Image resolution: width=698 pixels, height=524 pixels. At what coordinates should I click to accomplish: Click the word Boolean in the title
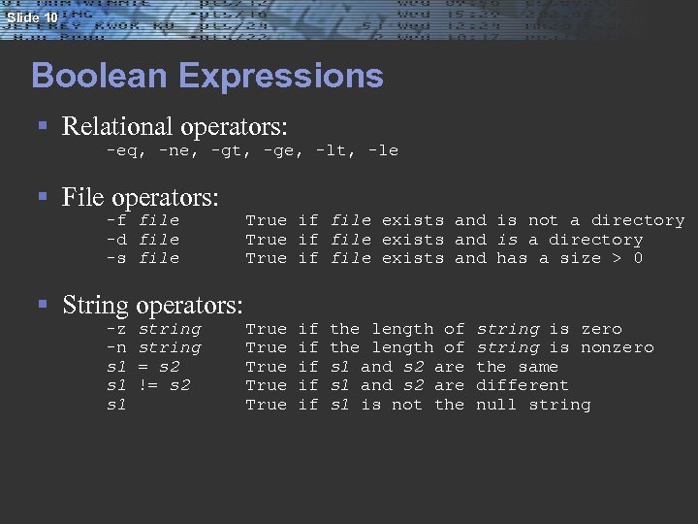point(93,76)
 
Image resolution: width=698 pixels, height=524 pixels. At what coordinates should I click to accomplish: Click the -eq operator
point(123,151)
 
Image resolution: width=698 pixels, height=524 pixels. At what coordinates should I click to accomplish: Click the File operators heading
point(140,198)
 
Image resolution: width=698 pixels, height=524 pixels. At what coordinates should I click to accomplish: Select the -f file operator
point(143,220)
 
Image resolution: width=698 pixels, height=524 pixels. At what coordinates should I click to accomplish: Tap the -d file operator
point(143,239)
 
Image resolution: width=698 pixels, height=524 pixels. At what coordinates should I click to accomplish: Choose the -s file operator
point(143,258)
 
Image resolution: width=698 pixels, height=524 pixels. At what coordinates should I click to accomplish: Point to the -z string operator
point(153,329)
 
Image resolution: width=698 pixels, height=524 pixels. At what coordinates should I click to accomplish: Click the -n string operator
point(153,347)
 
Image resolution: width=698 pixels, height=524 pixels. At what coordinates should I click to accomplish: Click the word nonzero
point(617,347)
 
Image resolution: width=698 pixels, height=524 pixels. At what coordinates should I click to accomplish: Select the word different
point(522,385)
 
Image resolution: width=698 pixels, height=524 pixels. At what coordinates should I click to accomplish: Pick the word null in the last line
point(496,404)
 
